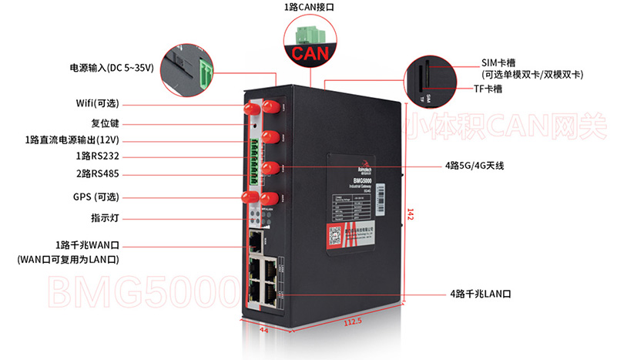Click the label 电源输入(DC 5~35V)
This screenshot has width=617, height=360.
click(x=112, y=68)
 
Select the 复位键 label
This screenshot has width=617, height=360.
click(x=105, y=123)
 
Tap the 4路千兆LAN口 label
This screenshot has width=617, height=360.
click(x=480, y=294)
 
